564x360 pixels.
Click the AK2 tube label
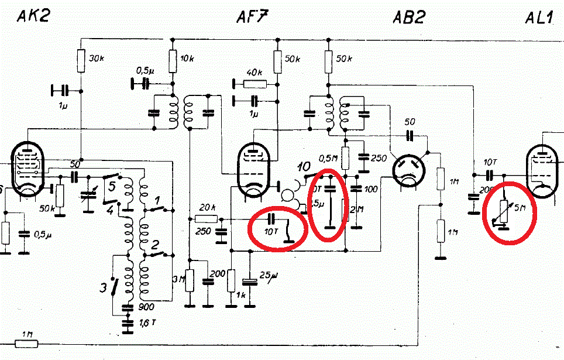[33, 16]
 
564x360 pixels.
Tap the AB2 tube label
[408, 17]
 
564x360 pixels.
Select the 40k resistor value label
[254, 72]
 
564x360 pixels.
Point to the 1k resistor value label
[240, 294]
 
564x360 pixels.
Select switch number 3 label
[104, 288]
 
